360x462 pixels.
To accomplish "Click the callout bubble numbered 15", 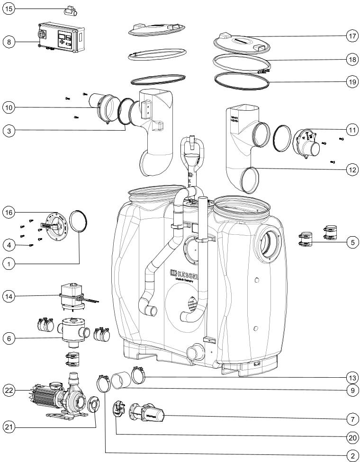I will pos(9,9).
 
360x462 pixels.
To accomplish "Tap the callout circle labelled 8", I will pos(9,42).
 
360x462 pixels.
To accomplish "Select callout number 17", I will pos(351,36).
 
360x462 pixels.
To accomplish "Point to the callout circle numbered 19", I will pos(351,81).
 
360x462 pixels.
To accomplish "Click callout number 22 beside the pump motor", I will pos(9,391).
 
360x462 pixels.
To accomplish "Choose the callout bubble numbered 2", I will pos(351,455).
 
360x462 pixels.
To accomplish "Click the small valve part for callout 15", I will pos(72,9).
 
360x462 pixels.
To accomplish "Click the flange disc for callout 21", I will pos(94,405).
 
